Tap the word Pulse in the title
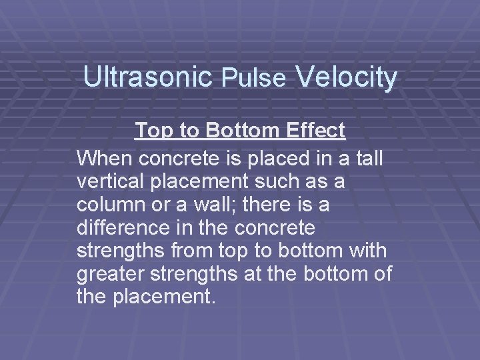tap(254, 79)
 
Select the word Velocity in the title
tap(346, 77)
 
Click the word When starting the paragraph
tap(105, 159)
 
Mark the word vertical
tap(115, 182)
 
